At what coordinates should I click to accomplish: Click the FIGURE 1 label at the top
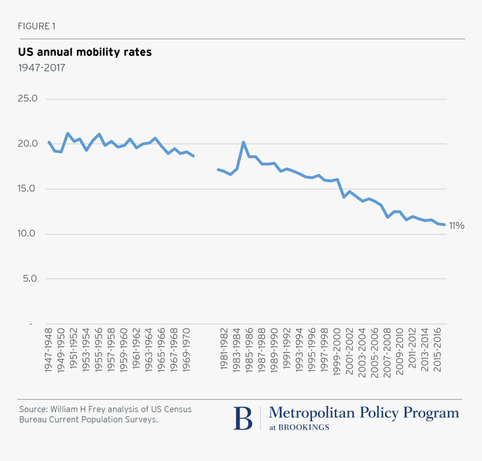36,26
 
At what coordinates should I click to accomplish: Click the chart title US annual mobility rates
85,52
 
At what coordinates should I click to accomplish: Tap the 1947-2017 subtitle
41,68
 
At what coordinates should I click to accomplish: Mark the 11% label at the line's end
457,225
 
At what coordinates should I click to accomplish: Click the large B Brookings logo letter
243,418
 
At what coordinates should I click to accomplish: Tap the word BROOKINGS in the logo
307,427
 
